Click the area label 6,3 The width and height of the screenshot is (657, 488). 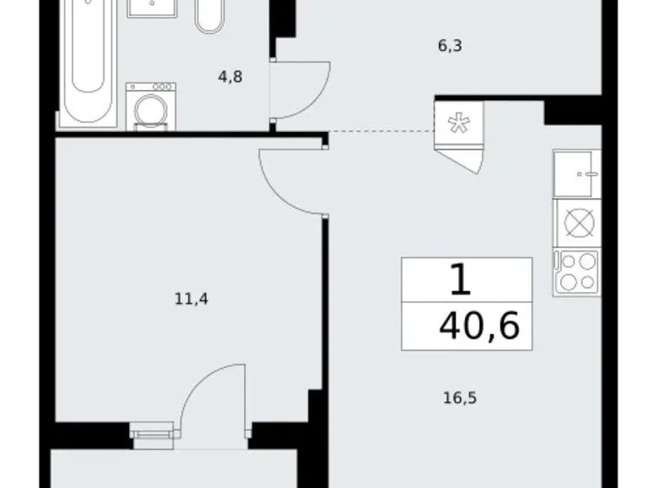click(449, 45)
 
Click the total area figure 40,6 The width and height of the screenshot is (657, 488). click(478, 325)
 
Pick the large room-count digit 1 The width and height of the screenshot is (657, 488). click(461, 280)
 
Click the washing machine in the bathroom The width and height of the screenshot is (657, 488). click(150, 106)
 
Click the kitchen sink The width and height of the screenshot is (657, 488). click(576, 174)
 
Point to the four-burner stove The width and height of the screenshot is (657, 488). click(576, 273)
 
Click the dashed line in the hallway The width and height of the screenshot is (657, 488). click(379, 131)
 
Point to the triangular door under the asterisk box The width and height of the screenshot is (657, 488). click(468, 159)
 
